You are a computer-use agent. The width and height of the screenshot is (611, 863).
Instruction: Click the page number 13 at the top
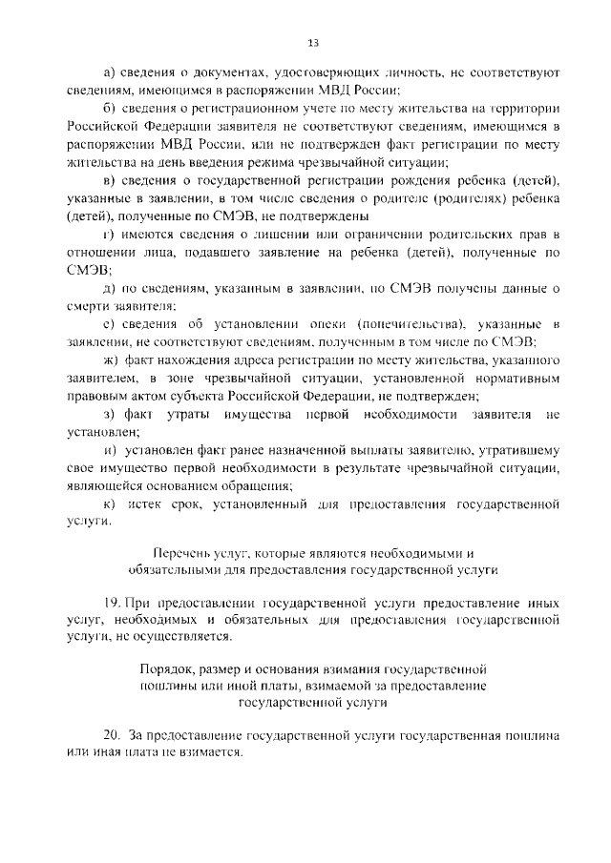[x=312, y=42]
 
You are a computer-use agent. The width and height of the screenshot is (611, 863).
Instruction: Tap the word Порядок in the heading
[x=168, y=668]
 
